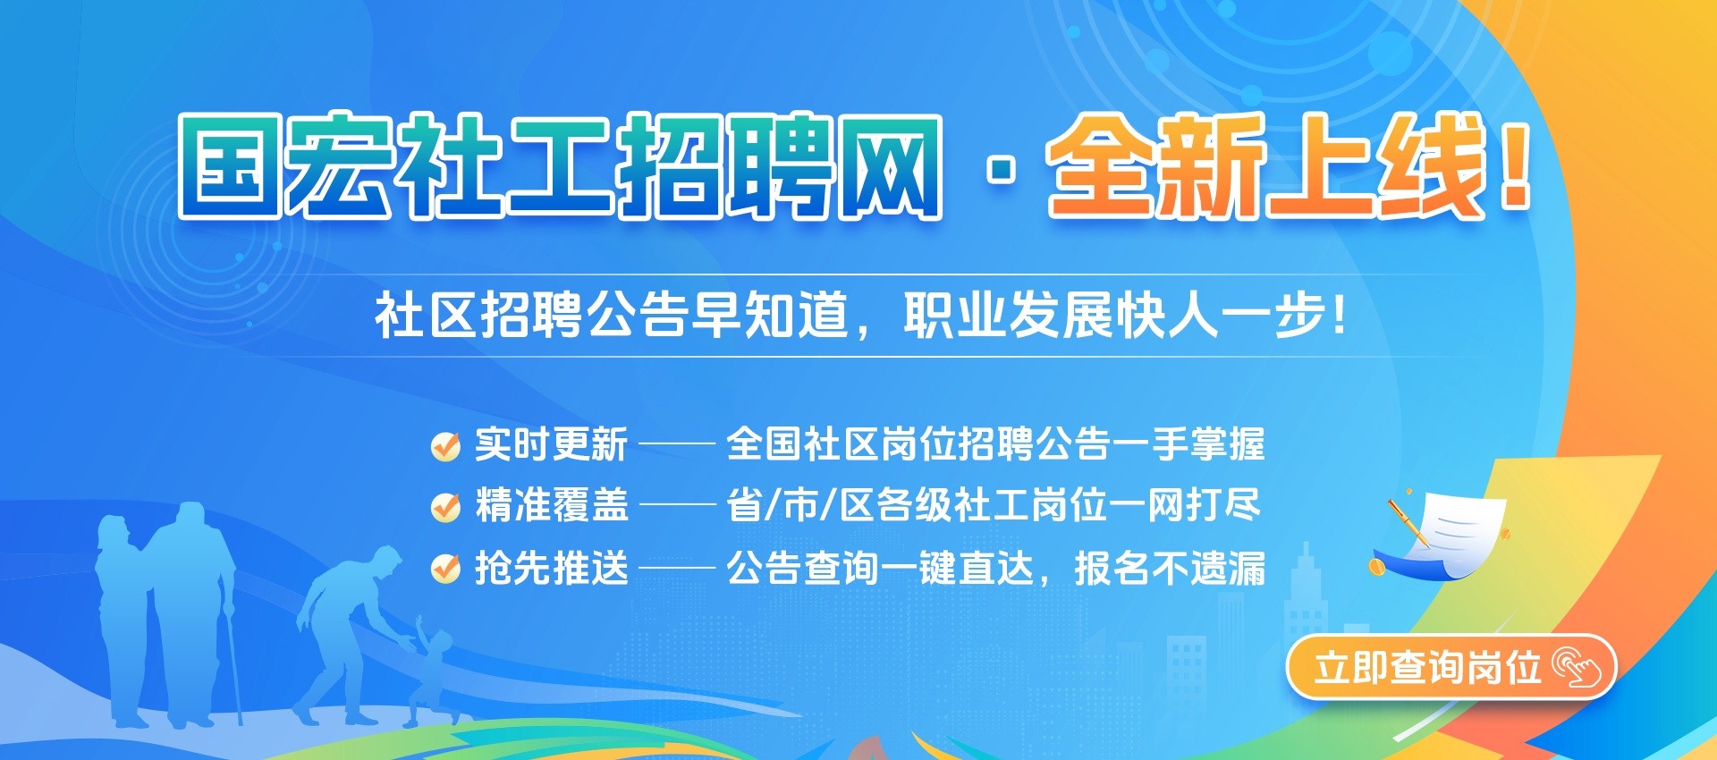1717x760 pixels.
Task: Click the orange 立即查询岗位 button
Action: point(1451,667)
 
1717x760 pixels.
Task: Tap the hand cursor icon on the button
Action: point(1577,668)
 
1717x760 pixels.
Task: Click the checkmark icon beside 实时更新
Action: point(445,445)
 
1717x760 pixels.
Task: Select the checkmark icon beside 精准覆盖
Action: point(445,506)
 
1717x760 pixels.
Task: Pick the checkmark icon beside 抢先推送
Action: point(445,568)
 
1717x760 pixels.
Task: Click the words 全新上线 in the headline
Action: point(1266,166)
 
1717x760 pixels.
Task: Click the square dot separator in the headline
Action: point(1002,169)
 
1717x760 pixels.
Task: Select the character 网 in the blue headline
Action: point(889,166)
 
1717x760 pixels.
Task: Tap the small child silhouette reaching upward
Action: point(429,666)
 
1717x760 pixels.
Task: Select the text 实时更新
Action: point(552,444)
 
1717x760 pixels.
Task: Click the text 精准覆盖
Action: point(552,505)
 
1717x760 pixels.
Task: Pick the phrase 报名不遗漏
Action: point(1170,568)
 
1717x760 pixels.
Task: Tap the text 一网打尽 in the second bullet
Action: point(1185,505)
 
